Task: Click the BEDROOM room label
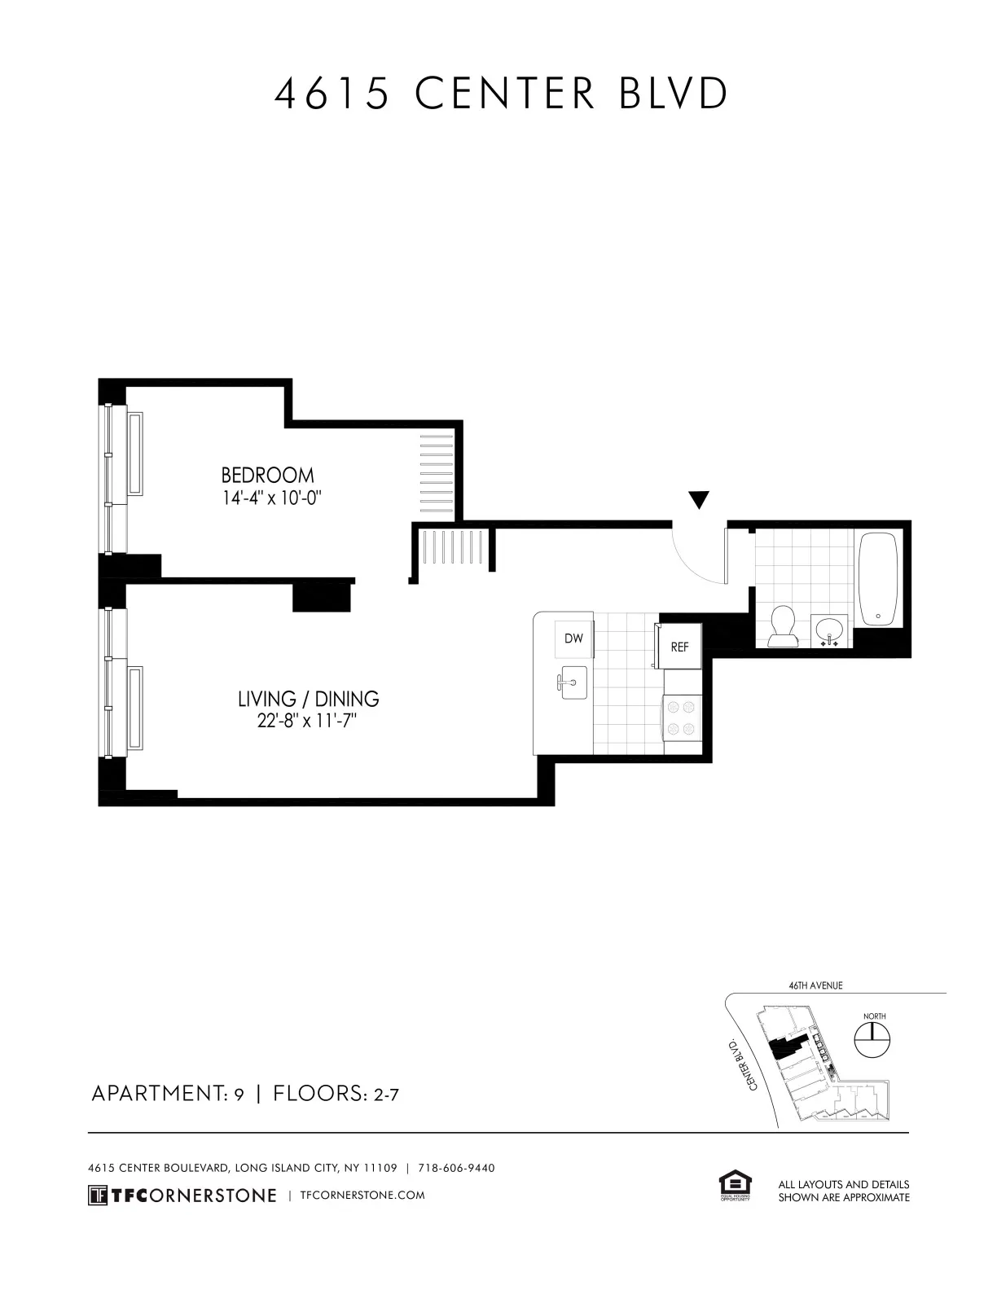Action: [267, 475]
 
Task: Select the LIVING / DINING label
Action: [308, 699]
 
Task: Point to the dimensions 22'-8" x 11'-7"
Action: [308, 722]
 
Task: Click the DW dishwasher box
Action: [573, 639]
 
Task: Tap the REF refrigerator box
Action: [679, 647]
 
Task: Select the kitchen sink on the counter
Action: [573, 682]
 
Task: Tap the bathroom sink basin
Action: [830, 630]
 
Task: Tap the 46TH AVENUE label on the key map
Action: [815, 985]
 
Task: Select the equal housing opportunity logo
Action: [734, 1186]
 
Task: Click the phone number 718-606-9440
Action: [456, 1168]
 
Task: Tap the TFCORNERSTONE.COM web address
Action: [362, 1196]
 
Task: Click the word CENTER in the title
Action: [505, 94]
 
